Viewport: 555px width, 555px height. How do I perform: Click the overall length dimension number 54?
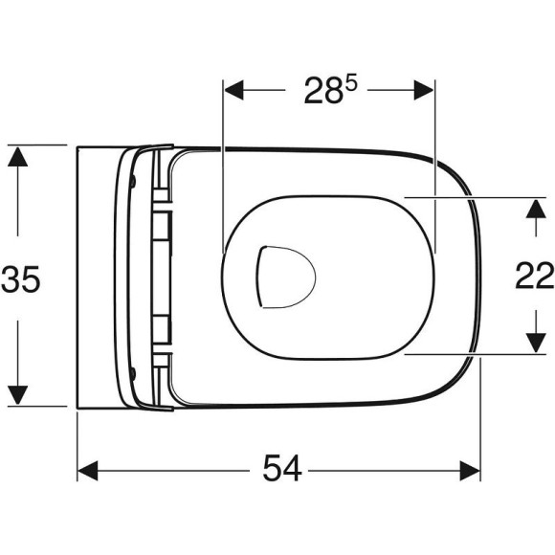pyautogui.click(x=280, y=469)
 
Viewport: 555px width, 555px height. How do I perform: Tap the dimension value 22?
pyautogui.click(x=534, y=276)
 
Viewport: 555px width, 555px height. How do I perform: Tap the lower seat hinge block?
pyautogui.click(x=163, y=330)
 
